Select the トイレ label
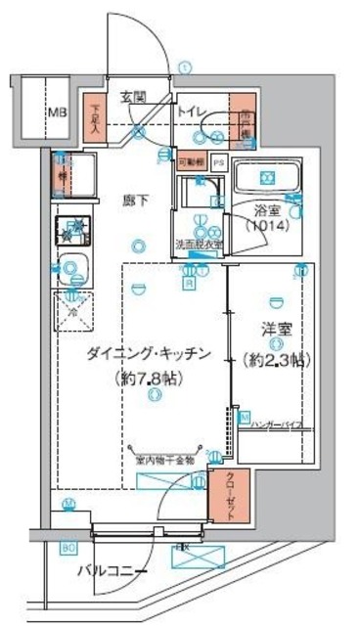[x=190, y=112]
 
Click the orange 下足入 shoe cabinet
[x=95, y=119]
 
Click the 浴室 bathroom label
[x=266, y=210]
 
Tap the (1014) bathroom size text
[x=266, y=226]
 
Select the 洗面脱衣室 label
[x=200, y=244]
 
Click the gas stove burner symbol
[x=69, y=233]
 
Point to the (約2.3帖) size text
[x=275, y=358]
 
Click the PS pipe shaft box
[x=218, y=160]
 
